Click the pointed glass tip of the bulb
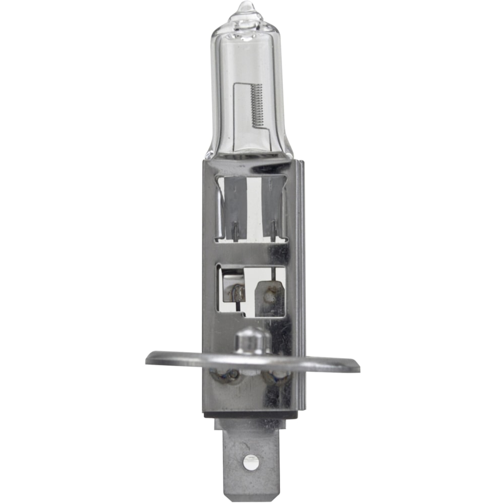(x=246, y=7)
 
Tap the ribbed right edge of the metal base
(x=301, y=282)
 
